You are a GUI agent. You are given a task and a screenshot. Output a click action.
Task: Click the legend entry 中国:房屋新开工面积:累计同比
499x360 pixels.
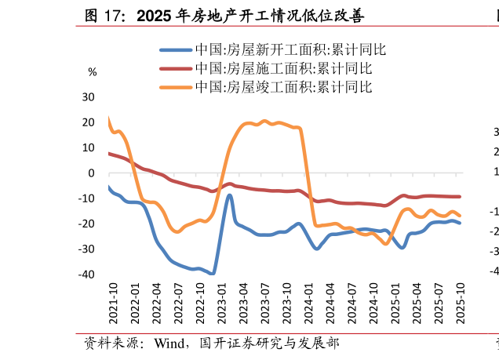(290, 49)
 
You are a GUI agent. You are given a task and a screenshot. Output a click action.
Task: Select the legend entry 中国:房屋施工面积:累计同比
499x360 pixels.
(290, 68)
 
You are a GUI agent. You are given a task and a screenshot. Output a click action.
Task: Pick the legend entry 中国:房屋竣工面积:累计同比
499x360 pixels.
(290, 86)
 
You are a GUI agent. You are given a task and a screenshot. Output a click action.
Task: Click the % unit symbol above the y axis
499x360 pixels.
(93, 72)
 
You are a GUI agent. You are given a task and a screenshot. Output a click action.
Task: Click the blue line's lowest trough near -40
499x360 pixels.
(212, 274)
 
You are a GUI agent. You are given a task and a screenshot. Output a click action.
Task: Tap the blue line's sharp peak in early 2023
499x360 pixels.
(229, 195)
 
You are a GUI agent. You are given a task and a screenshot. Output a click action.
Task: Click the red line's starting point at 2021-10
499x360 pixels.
(108, 153)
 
